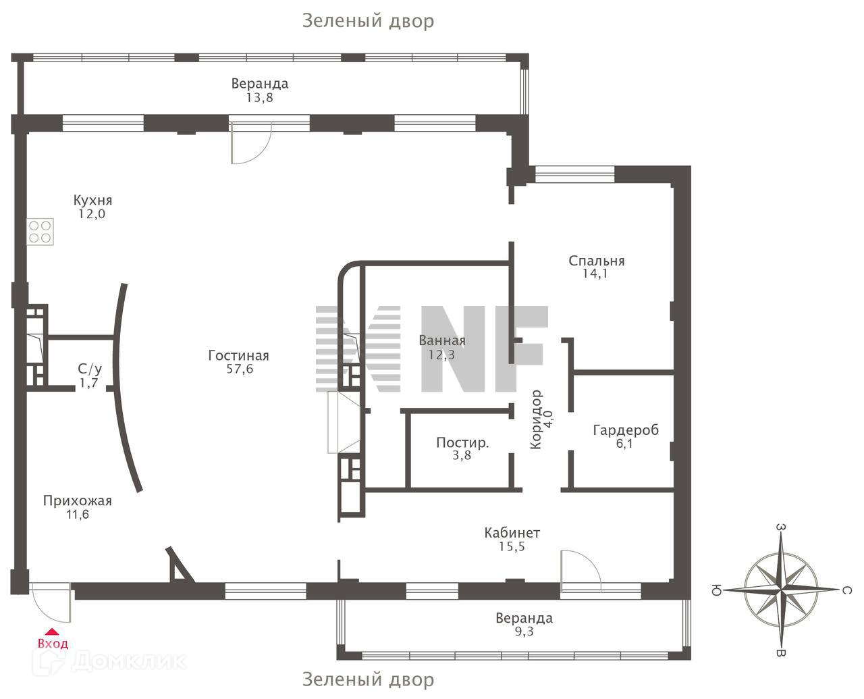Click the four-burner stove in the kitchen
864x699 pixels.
pos(40,232)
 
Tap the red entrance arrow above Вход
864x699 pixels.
pos(51,632)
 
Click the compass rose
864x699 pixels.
pos(781,590)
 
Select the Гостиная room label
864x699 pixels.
pos(238,356)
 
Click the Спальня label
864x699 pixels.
pos(596,261)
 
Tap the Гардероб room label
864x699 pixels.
pos(625,430)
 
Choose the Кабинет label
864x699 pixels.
pos(512,533)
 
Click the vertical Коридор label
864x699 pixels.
pos(537,419)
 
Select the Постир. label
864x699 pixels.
pos(462,443)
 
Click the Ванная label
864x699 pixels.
pos(442,340)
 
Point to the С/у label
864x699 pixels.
pos(90,369)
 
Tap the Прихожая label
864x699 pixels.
pos(77,501)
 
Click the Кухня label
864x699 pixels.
pos(92,201)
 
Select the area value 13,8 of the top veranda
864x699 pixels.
pos(259,97)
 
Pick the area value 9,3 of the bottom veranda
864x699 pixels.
pos(523,631)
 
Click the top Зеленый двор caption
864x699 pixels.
pos(368,21)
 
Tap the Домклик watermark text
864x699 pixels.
pos(128,661)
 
